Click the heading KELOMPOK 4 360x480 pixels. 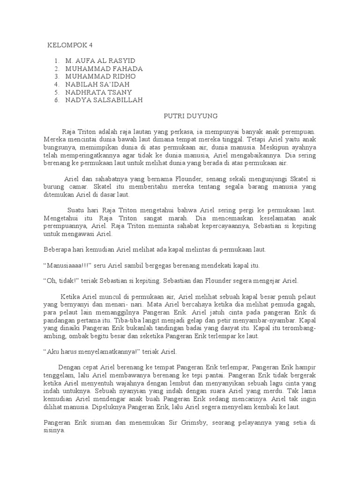[70, 45]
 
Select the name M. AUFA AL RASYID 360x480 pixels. [100, 61]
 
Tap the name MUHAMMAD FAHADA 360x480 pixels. [104, 68]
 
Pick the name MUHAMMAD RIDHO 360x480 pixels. [100, 76]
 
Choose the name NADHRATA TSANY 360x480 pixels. [99, 92]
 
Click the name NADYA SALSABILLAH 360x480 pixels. [104, 100]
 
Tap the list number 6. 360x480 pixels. [57, 100]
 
